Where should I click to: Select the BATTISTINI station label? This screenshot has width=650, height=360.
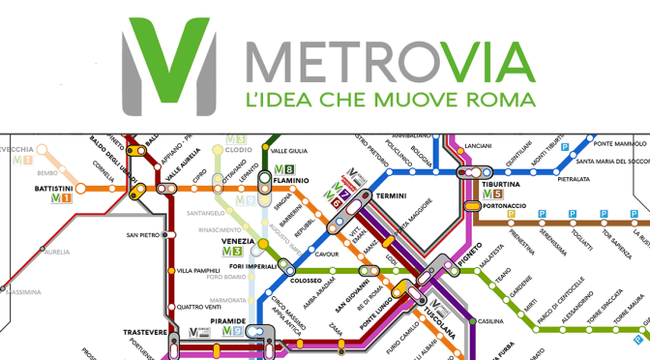point(53,188)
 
